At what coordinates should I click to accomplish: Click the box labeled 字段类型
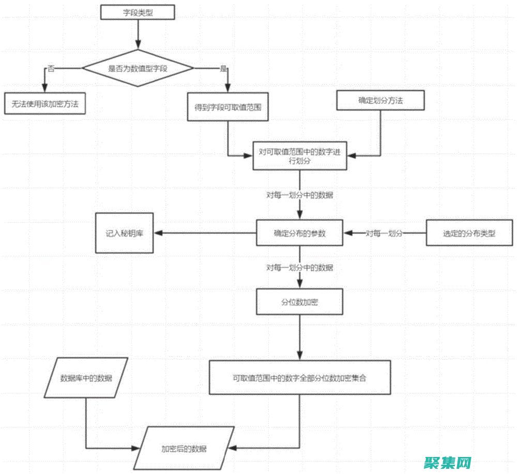(138, 12)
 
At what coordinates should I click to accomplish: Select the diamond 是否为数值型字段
(138, 68)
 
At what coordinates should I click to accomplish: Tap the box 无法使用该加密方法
(45, 103)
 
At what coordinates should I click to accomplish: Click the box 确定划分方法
(381, 100)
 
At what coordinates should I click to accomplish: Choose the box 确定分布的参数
(300, 233)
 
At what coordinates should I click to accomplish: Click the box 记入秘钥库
(125, 233)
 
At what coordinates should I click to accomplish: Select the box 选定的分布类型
(469, 233)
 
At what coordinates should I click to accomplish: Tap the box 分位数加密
(300, 302)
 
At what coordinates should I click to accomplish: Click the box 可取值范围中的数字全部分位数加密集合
(299, 377)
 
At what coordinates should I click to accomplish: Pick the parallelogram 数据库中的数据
(86, 377)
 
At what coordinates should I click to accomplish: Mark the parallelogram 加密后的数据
(184, 448)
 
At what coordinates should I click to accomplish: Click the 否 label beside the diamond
(51, 68)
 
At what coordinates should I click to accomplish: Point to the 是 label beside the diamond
(223, 68)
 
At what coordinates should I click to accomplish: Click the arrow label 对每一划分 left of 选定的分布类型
(384, 233)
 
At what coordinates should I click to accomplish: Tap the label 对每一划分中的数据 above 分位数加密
(300, 268)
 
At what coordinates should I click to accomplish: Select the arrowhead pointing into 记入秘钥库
(158, 233)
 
